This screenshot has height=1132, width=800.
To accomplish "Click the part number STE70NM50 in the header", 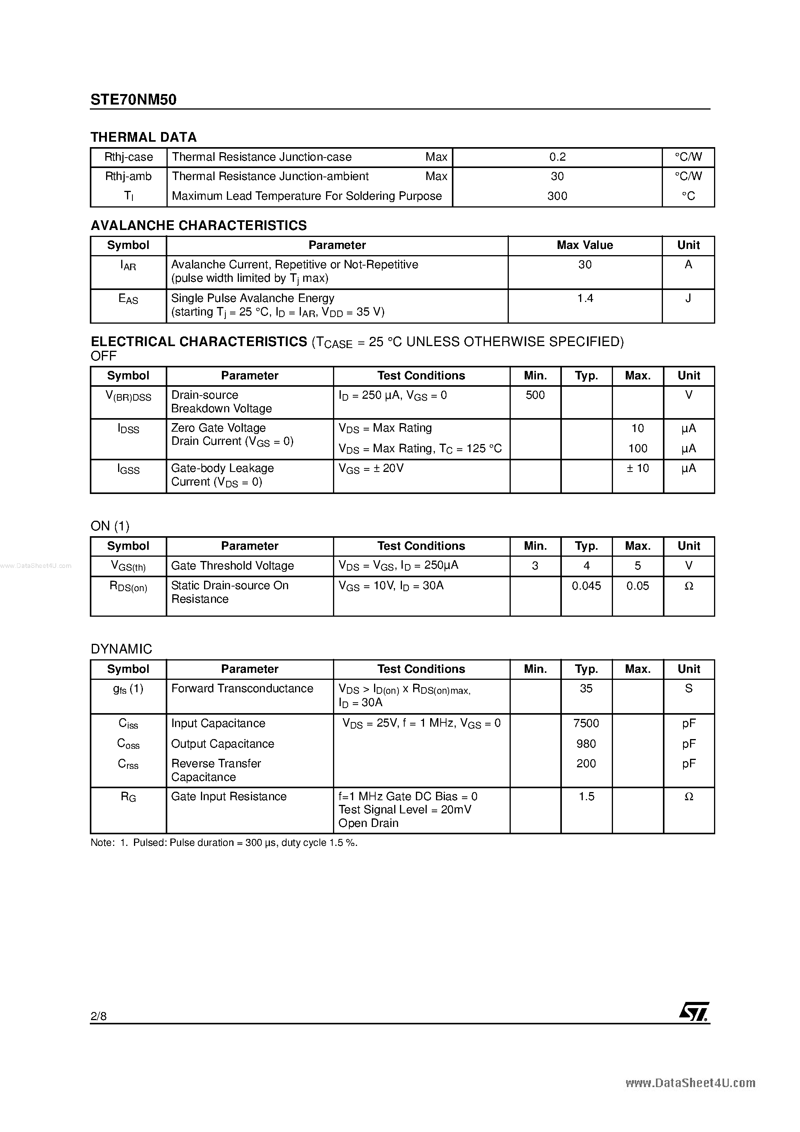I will (133, 100).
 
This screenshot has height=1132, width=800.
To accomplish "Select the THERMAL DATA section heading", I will (144, 137).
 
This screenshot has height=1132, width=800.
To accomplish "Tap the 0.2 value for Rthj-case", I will (557, 157).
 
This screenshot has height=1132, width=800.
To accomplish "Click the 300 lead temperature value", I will (557, 196).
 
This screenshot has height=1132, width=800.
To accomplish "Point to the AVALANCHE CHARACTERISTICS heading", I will (198, 225).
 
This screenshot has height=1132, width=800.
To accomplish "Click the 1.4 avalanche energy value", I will (585, 298).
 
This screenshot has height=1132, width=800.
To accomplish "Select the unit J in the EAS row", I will (688, 298).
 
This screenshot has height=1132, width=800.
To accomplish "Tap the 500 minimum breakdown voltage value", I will (535, 395).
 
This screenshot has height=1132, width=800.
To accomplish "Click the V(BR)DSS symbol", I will (128, 396).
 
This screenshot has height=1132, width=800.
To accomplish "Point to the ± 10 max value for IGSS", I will (637, 468).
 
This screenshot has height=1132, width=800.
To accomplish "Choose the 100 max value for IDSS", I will (638, 449).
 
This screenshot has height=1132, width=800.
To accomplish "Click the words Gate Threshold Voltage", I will (232, 566).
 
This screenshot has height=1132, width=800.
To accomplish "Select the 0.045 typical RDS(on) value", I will (586, 586).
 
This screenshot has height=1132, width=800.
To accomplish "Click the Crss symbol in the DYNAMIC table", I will (128, 764).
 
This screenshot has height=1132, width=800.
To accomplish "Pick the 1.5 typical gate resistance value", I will (586, 797).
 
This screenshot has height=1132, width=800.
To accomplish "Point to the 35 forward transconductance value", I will (586, 689).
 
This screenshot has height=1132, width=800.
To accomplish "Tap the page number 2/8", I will (99, 1015).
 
